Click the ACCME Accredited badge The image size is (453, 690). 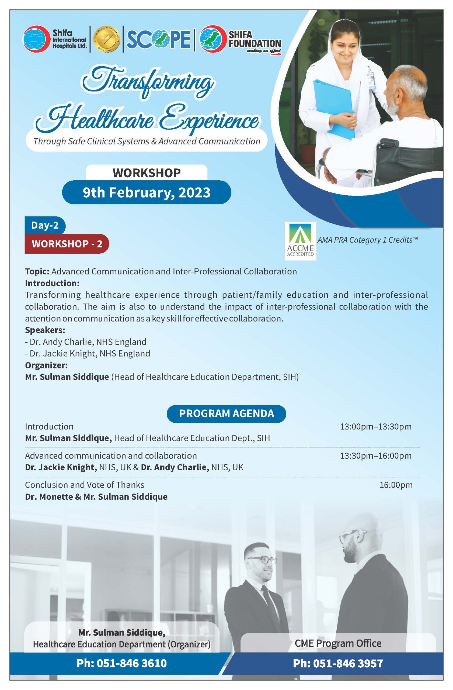300,241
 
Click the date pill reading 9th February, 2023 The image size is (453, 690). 147,192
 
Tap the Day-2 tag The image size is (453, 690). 45,225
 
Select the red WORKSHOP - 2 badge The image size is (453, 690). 67,244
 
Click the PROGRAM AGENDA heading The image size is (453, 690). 226,413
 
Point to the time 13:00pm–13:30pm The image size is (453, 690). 376,426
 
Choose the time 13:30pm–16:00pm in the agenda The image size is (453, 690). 376,456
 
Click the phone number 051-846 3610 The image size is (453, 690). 122,663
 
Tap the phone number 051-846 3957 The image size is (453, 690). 338,663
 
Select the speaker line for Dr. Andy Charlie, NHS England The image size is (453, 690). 86,342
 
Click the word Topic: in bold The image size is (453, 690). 37,272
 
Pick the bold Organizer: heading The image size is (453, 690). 46,365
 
